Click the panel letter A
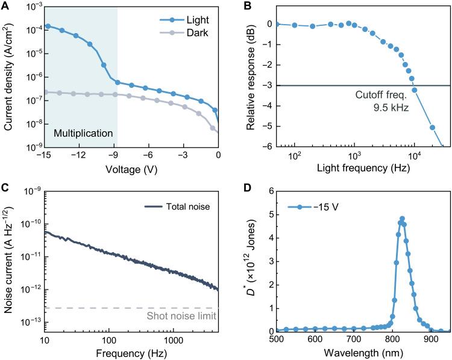click(x=5, y=5)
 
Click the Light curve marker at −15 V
click(x=48, y=26)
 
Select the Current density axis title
click(x=10, y=76)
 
